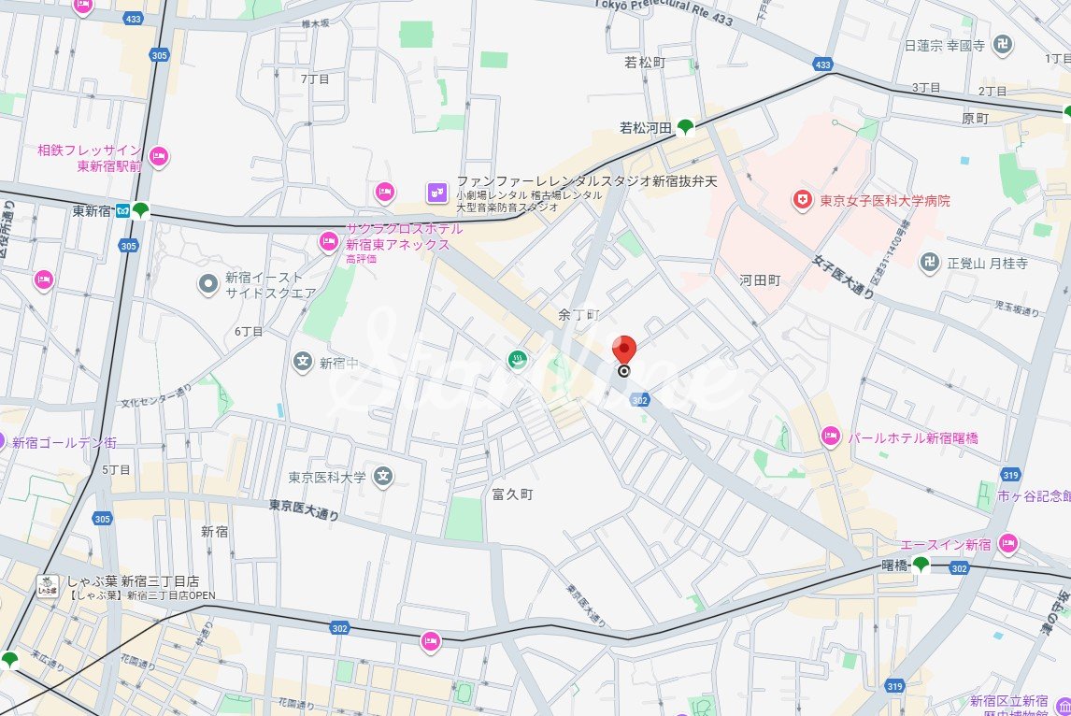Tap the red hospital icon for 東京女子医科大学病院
coord(801,199)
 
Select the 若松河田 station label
coord(646,127)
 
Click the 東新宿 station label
coord(91,211)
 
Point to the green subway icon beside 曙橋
coord(921,565)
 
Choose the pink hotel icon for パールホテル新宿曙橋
coord(830,436)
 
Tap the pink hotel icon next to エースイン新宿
coord(1007,542)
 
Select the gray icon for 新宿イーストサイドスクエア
coord(208,281)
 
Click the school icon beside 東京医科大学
coord(382,478)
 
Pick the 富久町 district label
coord(512,494)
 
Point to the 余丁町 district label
coord(577,315)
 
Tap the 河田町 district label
coord(759,279)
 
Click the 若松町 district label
coord(645,63)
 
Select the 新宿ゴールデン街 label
coord(64,442)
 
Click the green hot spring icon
coord(516,359)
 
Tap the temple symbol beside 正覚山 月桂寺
coord(928,263)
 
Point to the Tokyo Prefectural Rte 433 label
coord(664,11)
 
